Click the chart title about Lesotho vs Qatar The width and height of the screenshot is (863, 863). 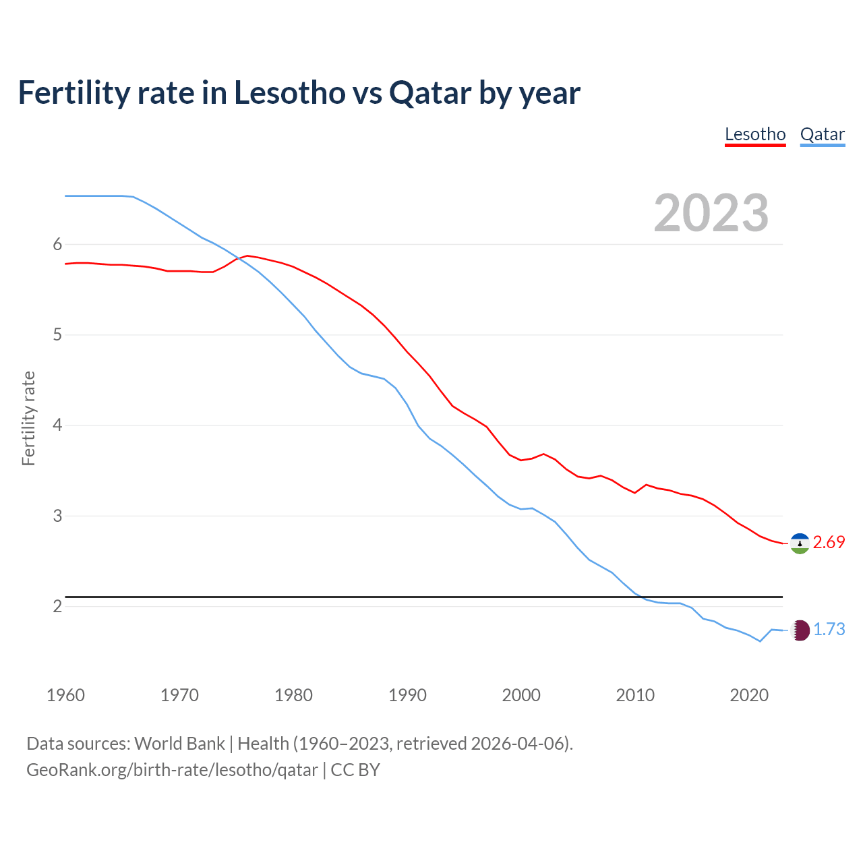tap(299, 93)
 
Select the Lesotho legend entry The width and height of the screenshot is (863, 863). tap(755, 134)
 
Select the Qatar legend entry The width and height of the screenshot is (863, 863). tap(822, 134)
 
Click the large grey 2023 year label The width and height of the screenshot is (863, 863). tap(711, 213)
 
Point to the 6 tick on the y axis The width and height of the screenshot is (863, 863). tap(57, 245)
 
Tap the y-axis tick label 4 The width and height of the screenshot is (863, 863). tap(57, 425)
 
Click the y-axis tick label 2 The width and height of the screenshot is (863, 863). tap(57, 606)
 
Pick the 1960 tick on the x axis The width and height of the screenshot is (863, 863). tap(65, 695)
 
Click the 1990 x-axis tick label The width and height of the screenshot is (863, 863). tap(407, 695)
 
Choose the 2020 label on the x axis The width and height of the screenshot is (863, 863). tap(749, 695)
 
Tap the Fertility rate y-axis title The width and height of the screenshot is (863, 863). tap(28, 418)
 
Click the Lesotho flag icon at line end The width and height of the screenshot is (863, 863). tap(800, 543)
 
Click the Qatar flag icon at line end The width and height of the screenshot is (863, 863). tap(800, 630)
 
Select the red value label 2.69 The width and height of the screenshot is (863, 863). tap(829, 543)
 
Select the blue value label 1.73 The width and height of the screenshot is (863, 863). tap(829, 630)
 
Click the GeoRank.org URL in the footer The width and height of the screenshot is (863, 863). tap(172, 770)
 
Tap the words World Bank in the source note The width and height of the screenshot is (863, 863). tap(179, 744)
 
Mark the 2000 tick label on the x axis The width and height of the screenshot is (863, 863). tap(521, 695)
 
